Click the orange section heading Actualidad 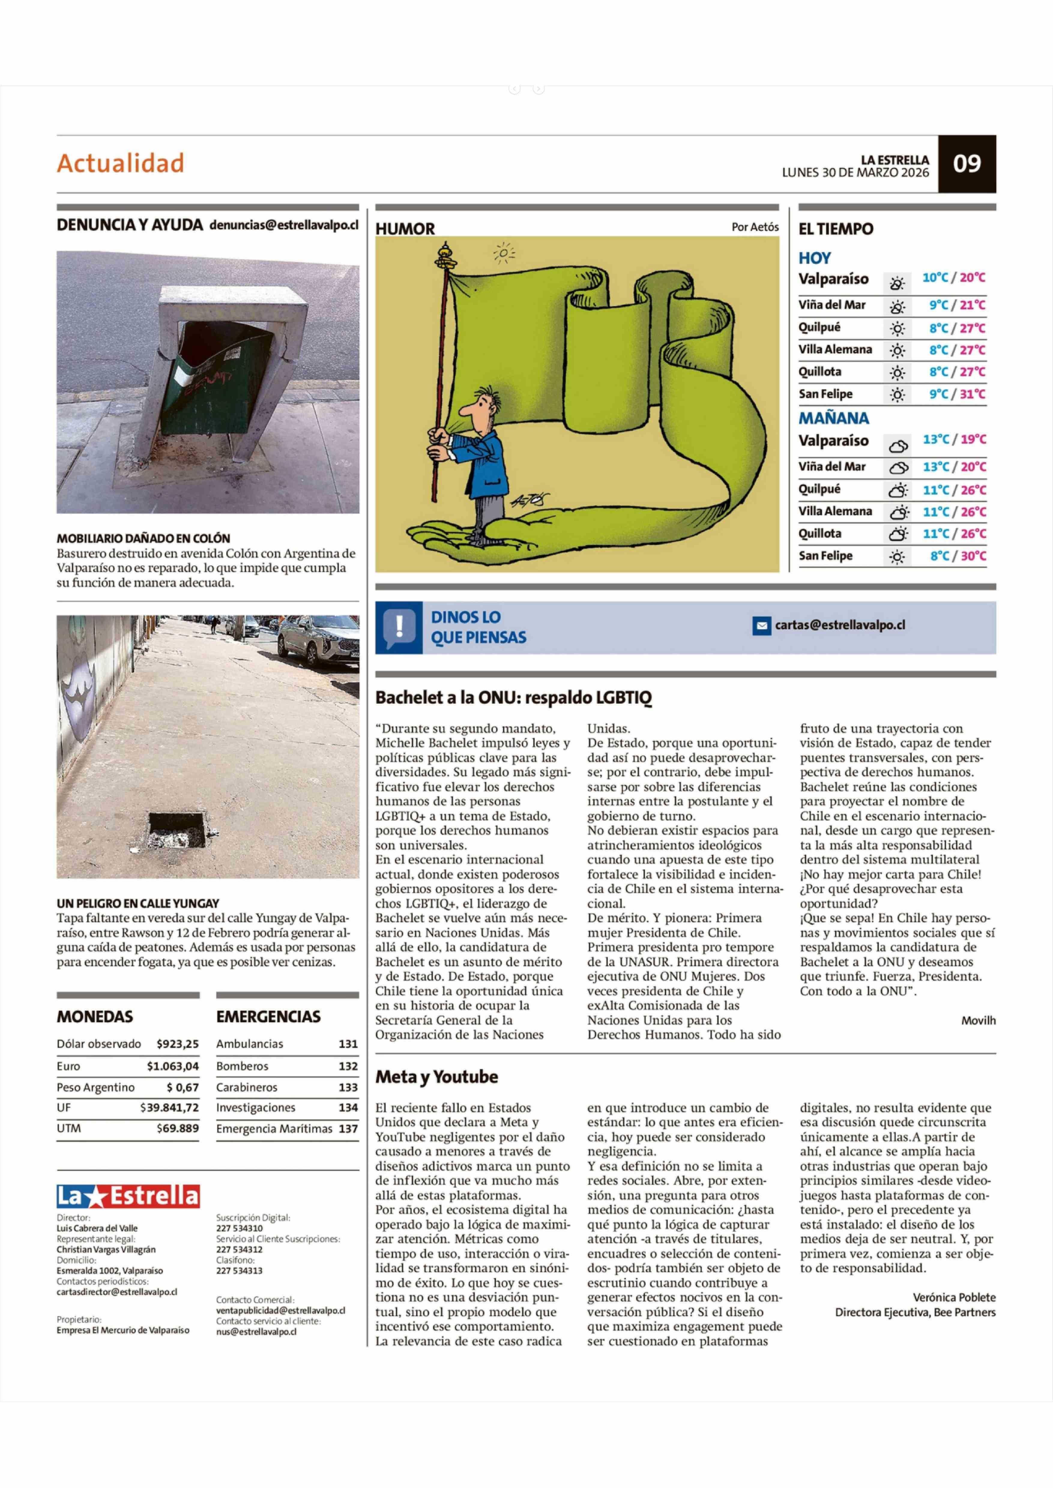coord(121,163)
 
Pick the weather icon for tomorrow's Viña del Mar coord(898,468)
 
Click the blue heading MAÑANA coord(833,418)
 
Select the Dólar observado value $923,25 coord(178,1044)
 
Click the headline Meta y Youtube coord(436,1077)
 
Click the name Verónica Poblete coord(954,1297)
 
